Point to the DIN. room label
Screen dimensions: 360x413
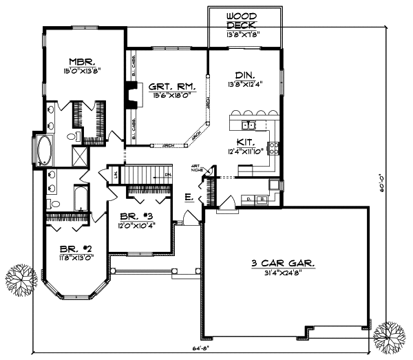point(245,74)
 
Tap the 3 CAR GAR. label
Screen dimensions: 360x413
point(283,262)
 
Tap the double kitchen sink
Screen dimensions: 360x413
point(248,125)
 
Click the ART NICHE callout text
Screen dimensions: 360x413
point(197,165)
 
